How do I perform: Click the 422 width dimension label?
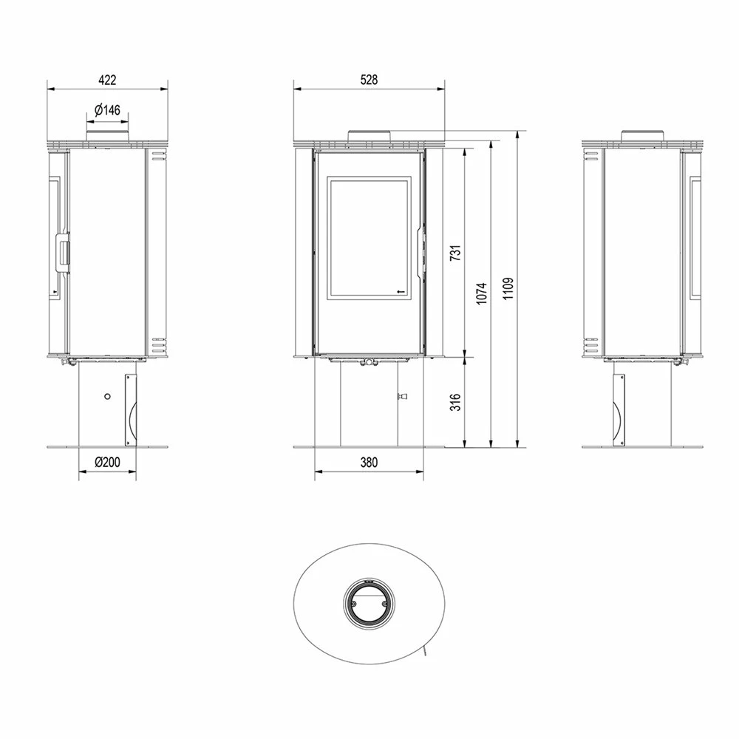click(x=107, y=80)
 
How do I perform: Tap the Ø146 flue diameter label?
click(x=107, y=110)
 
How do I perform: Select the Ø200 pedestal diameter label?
click(x=107, y=463)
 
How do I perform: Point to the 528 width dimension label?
click(x=369, y=80)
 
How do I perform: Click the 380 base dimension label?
click(x=369, y=463)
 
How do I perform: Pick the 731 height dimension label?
click(x=454, y=253)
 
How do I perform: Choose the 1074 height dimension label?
click(x=481, y=293)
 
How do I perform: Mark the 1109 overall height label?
click(x=508, y=288)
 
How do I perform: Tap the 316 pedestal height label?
click(x=454, y=402)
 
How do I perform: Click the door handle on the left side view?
click(x=63, y=252)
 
